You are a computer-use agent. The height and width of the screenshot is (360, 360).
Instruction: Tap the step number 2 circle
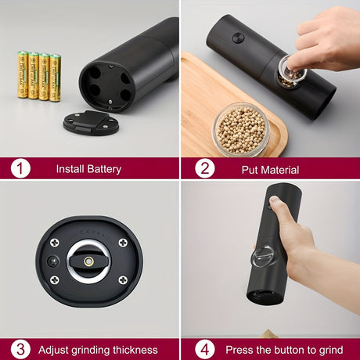(204, 168)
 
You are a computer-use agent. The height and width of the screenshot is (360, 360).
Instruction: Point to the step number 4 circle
(204, 349)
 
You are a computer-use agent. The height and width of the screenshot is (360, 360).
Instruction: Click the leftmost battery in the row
(23, 75)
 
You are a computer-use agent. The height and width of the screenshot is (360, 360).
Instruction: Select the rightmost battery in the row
(56, 77)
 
